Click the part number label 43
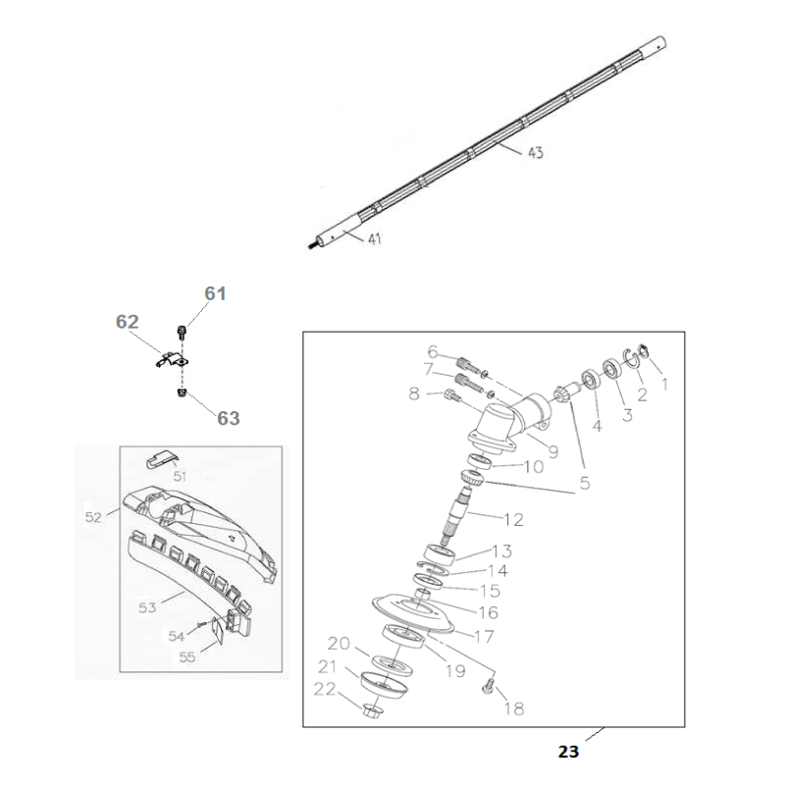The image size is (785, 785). point(536,153)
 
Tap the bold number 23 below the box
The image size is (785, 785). point(569,754)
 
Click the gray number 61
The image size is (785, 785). point(215,293)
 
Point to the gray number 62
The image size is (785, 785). point(128,322)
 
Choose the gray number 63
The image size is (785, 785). point(228,418)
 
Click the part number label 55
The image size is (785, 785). point(187,656)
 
